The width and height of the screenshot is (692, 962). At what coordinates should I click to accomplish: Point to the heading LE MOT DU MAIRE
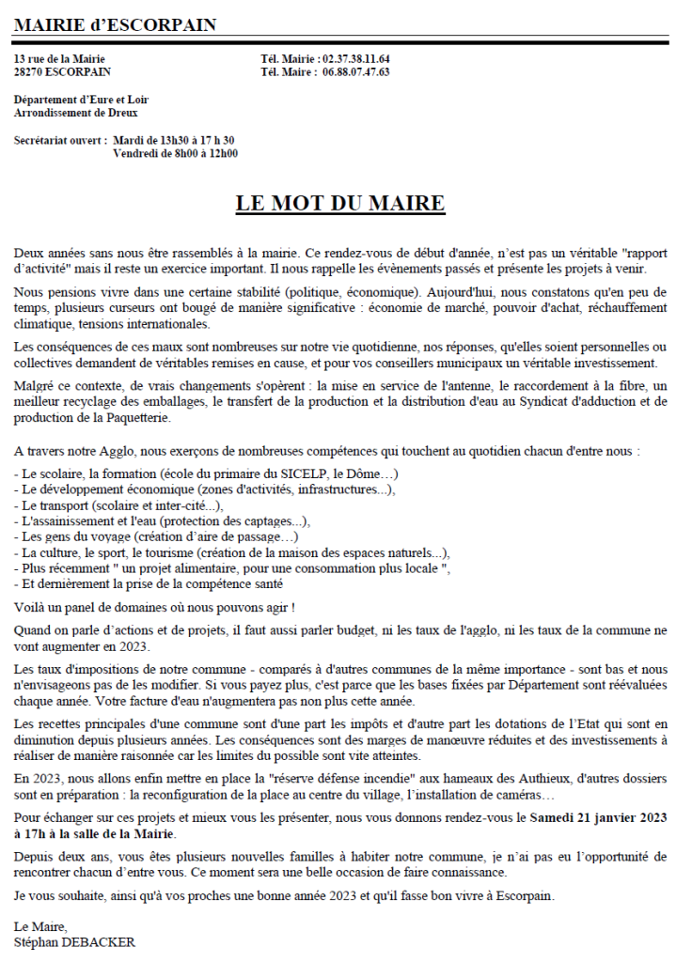pos(339,204)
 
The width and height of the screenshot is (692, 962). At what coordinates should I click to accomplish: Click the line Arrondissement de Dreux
pos(75,113)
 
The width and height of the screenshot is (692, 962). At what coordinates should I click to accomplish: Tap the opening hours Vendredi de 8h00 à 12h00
pos(175,153)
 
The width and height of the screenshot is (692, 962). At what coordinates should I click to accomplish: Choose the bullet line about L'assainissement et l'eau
pos(163,520)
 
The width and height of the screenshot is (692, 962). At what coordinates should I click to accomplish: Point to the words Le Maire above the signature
pos(41,926)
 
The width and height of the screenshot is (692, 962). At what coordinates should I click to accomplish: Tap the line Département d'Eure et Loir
pos(81,100)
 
